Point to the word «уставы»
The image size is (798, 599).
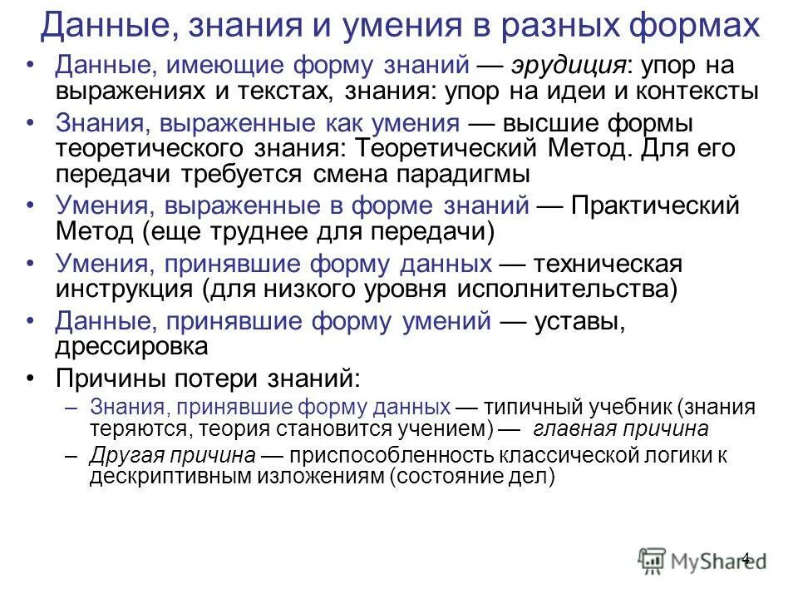(578, 322)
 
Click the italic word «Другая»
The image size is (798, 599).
(127, 456)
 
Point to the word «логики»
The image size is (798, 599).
(675, 456)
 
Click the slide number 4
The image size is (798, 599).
(745, 557)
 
